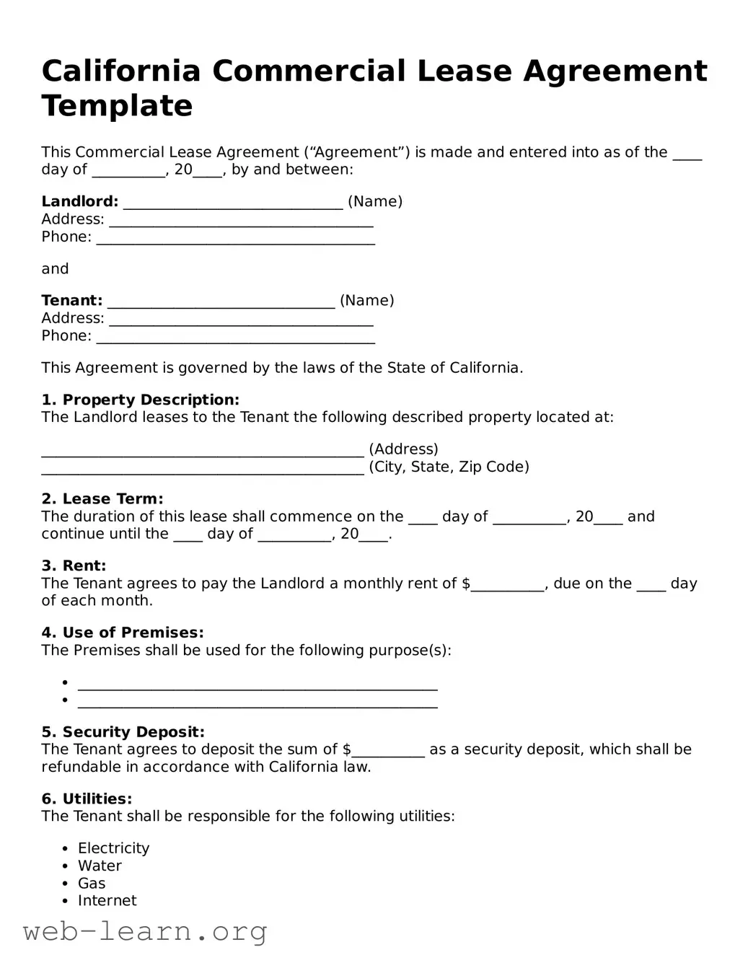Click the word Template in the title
coord(117,106)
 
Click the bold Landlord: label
coord(79,202)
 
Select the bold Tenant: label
coord(71,301)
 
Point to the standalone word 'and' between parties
coord(55,269)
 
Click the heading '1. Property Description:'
coord(140,400)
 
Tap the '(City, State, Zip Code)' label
coord(449,467)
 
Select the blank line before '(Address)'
coord(202,452)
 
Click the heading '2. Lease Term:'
coord(102,499)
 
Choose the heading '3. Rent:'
coord(74,566)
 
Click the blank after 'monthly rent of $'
coord(507,586)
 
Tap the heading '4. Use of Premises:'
coord(123,633)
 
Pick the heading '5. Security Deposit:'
coord(123,732)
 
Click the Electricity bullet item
coord(113,848)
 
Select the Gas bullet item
coord(92,884)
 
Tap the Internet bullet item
coord(107,901)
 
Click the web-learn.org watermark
coord(145,931)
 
